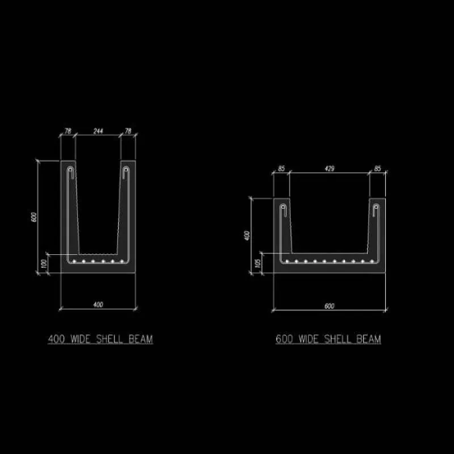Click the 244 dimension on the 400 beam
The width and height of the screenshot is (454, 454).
coord(98,131)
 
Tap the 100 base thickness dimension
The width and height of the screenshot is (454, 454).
coord(43,265)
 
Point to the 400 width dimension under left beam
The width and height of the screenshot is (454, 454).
coord(98,305)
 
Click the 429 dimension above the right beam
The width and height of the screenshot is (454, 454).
coord(329,169)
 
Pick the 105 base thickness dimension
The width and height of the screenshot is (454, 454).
coord(257,263)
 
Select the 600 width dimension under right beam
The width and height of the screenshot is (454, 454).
coord(329,306)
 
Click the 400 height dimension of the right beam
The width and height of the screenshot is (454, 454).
coord(246,235)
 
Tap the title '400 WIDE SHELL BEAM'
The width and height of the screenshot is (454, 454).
coord(100,339)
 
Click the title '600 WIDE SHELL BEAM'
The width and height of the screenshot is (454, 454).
coord(328,339)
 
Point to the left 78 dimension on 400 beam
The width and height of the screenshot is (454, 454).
coord(68,131)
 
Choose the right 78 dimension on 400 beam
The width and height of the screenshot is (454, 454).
coord(128,131)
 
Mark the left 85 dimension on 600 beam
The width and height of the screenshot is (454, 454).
coord(281,169)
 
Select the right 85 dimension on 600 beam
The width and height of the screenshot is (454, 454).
coord(377,169)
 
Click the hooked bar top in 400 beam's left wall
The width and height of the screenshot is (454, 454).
coord(70,170)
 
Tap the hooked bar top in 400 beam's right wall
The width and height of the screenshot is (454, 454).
coord(126,170)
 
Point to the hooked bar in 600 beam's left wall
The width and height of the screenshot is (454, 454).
coord(283,211)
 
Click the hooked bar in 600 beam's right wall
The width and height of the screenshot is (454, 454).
coord(376,211)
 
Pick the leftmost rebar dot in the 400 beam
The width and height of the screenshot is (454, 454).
coord(74,262)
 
